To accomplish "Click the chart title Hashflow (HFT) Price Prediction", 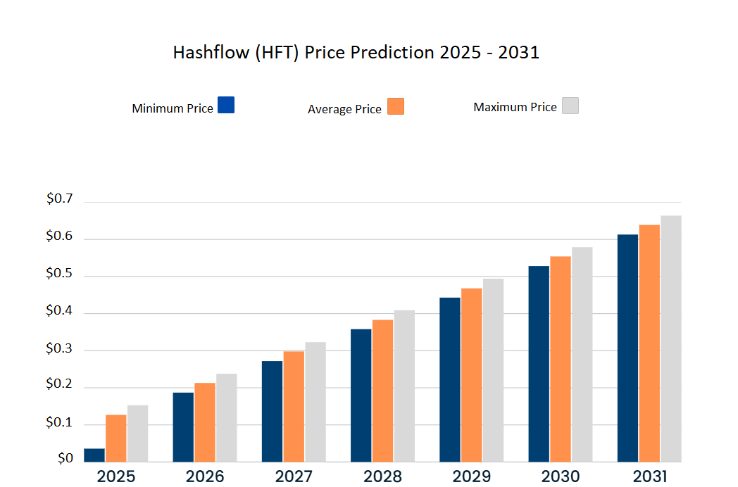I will (356, 53).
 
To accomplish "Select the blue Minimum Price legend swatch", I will (225, 105).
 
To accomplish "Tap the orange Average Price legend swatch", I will (396, 106).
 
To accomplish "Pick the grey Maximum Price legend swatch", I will (570, 106).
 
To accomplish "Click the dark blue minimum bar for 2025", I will (94, 455).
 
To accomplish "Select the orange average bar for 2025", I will (116, 438).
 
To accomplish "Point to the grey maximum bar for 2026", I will (226, 418).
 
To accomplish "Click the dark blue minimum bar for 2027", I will (272, 412).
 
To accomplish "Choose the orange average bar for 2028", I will (382, 391).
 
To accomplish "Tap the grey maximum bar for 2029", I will (493, 371).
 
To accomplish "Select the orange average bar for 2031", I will (649, 343).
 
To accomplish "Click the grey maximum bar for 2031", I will (671, 339).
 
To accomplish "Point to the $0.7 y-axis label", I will (59, 199).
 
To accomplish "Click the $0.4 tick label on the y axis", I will (59, 310).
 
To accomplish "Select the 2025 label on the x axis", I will (116, 476).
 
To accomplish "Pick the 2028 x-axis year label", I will (382, 476).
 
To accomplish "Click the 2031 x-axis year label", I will (649, 476).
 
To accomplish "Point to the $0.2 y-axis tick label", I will (59, 384).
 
